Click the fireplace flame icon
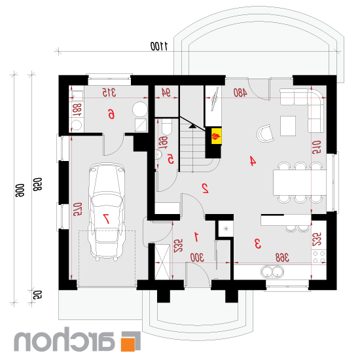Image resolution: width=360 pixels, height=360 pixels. tap(216, 136)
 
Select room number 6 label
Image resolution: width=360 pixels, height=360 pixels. tap(111, 114)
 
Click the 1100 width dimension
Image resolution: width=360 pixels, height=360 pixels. tap(159, 46)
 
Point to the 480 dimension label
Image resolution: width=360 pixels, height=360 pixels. tap(240, 92)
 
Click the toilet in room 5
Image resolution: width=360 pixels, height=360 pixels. tap(167, 126)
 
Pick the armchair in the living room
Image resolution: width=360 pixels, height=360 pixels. tap(265, 134)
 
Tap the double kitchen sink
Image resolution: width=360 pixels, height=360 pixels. tap(272, 272)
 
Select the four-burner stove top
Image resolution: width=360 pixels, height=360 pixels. tap(319, 257)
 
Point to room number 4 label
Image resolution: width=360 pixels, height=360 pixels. tap(253, 161)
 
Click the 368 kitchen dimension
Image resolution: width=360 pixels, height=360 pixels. tap(282, 258)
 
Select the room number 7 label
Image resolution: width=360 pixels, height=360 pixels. tap(106, 219)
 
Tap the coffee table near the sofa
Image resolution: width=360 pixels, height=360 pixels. tap(288, 126)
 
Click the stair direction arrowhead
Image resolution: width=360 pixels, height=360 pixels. tap(192, 126)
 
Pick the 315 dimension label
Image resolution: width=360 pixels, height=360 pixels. tap(109, 92)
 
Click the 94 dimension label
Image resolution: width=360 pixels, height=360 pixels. tap(166, 93)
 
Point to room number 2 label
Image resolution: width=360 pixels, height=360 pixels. tap(205, 188)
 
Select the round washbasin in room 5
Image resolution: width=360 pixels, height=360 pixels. tap(158, 154)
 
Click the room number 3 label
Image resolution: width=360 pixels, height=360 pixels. tap(258, 243)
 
